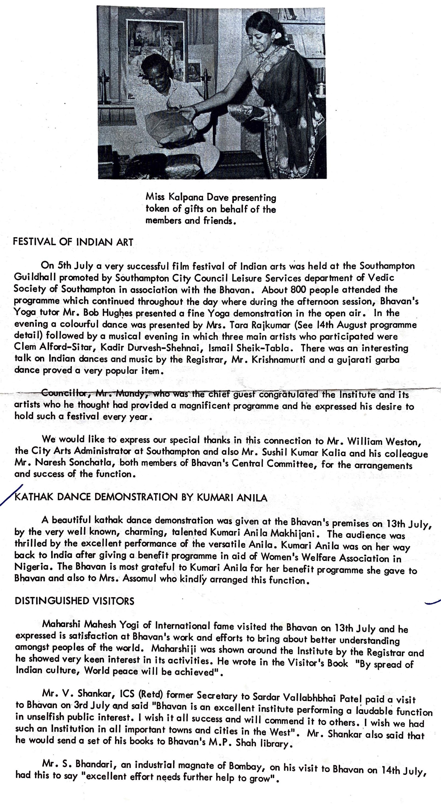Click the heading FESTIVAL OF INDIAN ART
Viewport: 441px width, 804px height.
tap(73, 242)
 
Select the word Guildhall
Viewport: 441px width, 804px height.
tap(35, 277)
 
